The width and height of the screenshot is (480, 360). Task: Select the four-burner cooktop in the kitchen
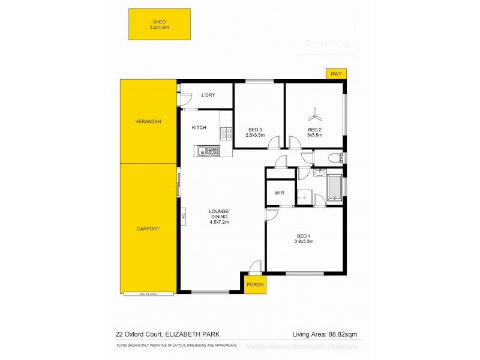[226, 134]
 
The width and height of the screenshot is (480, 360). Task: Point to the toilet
[336, 158]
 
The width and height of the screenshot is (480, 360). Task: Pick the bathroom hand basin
[319, 174]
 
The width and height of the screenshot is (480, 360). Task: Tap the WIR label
[279, 193]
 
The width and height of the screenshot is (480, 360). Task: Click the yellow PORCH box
[255, 284]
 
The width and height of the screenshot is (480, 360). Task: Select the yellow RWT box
[336, 74]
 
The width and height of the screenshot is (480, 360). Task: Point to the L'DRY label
[208, 95]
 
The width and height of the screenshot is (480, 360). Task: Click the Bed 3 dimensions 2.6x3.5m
[255, 135]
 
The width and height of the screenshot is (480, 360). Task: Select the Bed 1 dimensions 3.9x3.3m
[305, 241]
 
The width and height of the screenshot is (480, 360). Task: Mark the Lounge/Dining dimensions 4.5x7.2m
[219, 222]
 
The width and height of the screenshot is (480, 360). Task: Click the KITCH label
[199, 128]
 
